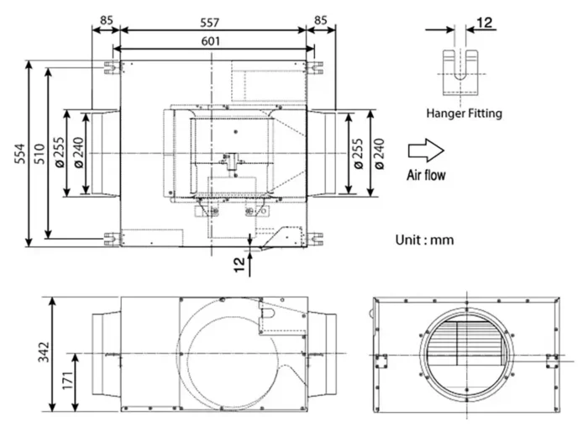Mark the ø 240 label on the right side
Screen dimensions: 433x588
[x=381, y=153]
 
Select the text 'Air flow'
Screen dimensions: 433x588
[x=427, y=176]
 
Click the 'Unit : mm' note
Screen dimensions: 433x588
[x=424, y=240]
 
